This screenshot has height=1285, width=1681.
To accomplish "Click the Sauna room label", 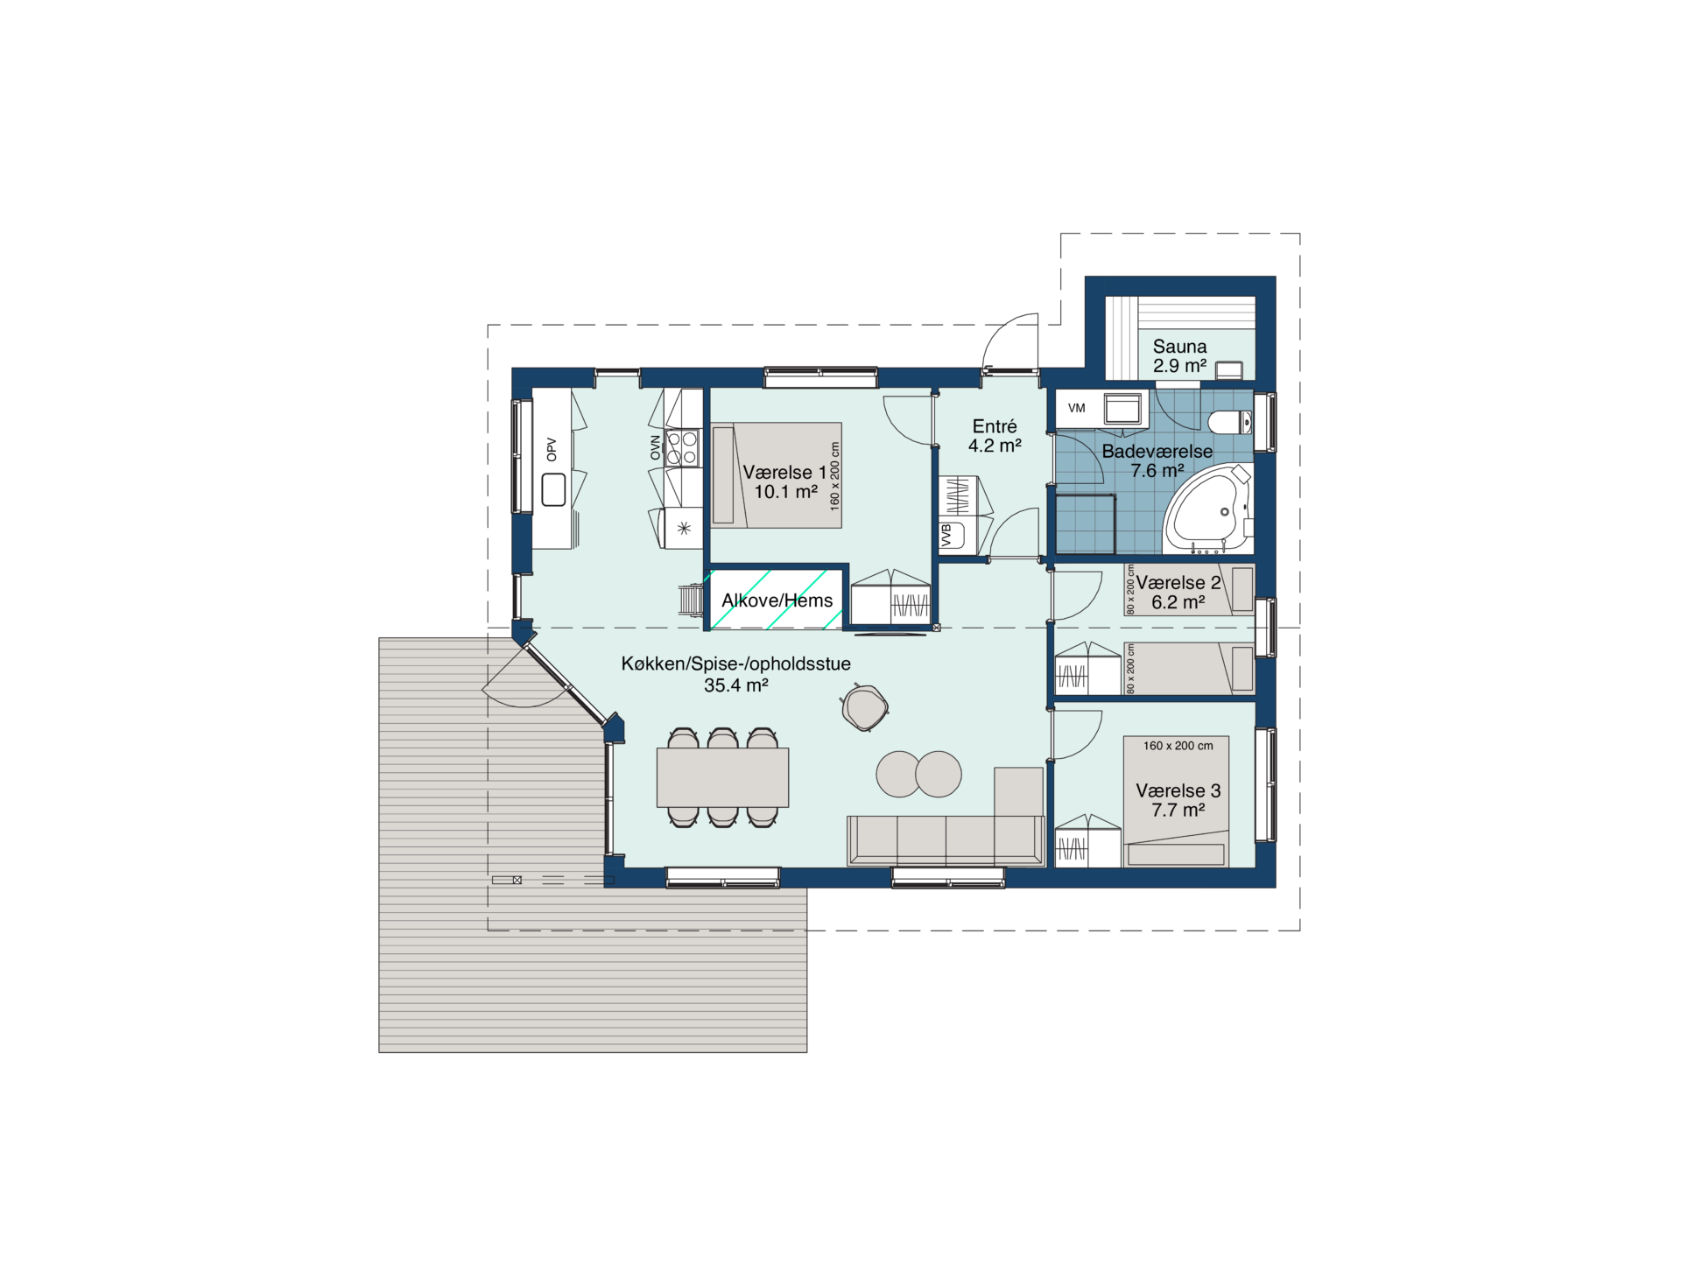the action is [1179, 347].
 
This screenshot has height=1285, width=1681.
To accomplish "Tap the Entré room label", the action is [995, 426].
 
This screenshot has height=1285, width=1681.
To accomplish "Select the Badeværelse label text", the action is [1157, 452].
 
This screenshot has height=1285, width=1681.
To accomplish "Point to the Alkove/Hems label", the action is [777, 600].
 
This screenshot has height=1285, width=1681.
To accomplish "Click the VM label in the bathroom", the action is [1077, 408].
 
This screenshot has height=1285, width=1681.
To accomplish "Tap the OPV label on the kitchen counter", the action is [552, 449].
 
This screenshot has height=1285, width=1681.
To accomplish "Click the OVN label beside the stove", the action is [655, 447].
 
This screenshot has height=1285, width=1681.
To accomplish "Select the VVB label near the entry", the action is [946, 536].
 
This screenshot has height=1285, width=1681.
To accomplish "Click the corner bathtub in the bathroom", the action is [1207, 509].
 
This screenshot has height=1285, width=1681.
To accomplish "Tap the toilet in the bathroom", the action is [1229, 423].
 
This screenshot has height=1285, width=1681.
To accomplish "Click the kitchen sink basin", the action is [553, 490].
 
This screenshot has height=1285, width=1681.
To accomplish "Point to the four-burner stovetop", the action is [683, 447].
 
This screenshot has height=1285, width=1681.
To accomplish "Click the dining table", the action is [722, 777].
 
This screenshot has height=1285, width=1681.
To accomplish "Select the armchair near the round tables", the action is [864, 707].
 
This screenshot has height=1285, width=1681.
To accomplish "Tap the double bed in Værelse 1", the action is [777, 475].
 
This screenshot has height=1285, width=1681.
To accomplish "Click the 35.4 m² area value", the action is [736, 685].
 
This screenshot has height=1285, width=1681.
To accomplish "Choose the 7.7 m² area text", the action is [1178, 811].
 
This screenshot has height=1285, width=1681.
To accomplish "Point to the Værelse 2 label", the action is [1178, 583].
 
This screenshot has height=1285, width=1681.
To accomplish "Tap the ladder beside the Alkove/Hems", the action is [692, 600].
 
